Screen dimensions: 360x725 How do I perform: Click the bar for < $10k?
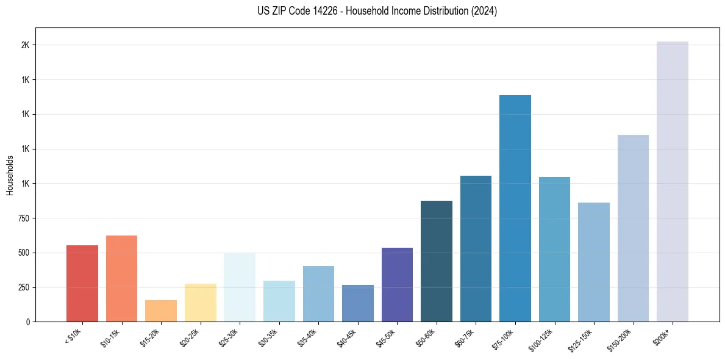(x=82, y=283)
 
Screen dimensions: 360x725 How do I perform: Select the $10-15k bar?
(x=121, y=278)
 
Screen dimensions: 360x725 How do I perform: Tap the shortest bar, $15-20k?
(x=161, y=311)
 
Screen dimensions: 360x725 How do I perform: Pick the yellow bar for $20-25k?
(x=200, y=303)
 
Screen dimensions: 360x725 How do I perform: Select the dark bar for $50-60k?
(x=437, y=261)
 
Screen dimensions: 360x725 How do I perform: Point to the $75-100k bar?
(x=515, y=208)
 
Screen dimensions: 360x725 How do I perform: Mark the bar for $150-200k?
(x=633, y=228)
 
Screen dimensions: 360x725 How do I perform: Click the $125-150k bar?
(x=594, y=262)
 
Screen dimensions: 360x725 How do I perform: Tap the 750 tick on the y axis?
(x=24, y=218)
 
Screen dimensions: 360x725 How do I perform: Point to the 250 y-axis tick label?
(x=24, y=287)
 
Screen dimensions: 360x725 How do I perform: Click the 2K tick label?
(x=26, y=45)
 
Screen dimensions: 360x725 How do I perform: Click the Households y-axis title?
(x=10, y=175)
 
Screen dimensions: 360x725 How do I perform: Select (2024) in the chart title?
(x=484, y=11)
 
